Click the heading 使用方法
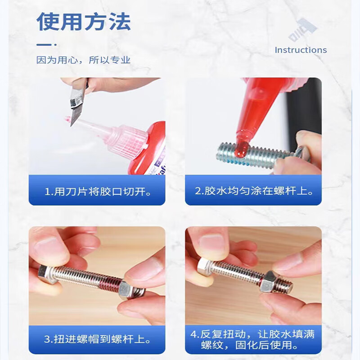click(84, 22)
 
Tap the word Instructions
click(301, 50)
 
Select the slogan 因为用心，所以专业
click(83, 60)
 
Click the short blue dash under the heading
click(44, 45)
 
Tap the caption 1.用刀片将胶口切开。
click(98, 192)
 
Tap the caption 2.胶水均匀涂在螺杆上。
click(254, 191)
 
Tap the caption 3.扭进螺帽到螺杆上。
click(97, 339)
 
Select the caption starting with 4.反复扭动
click(252, 339)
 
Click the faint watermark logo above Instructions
click(302, 30)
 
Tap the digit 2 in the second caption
click(198, 191)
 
